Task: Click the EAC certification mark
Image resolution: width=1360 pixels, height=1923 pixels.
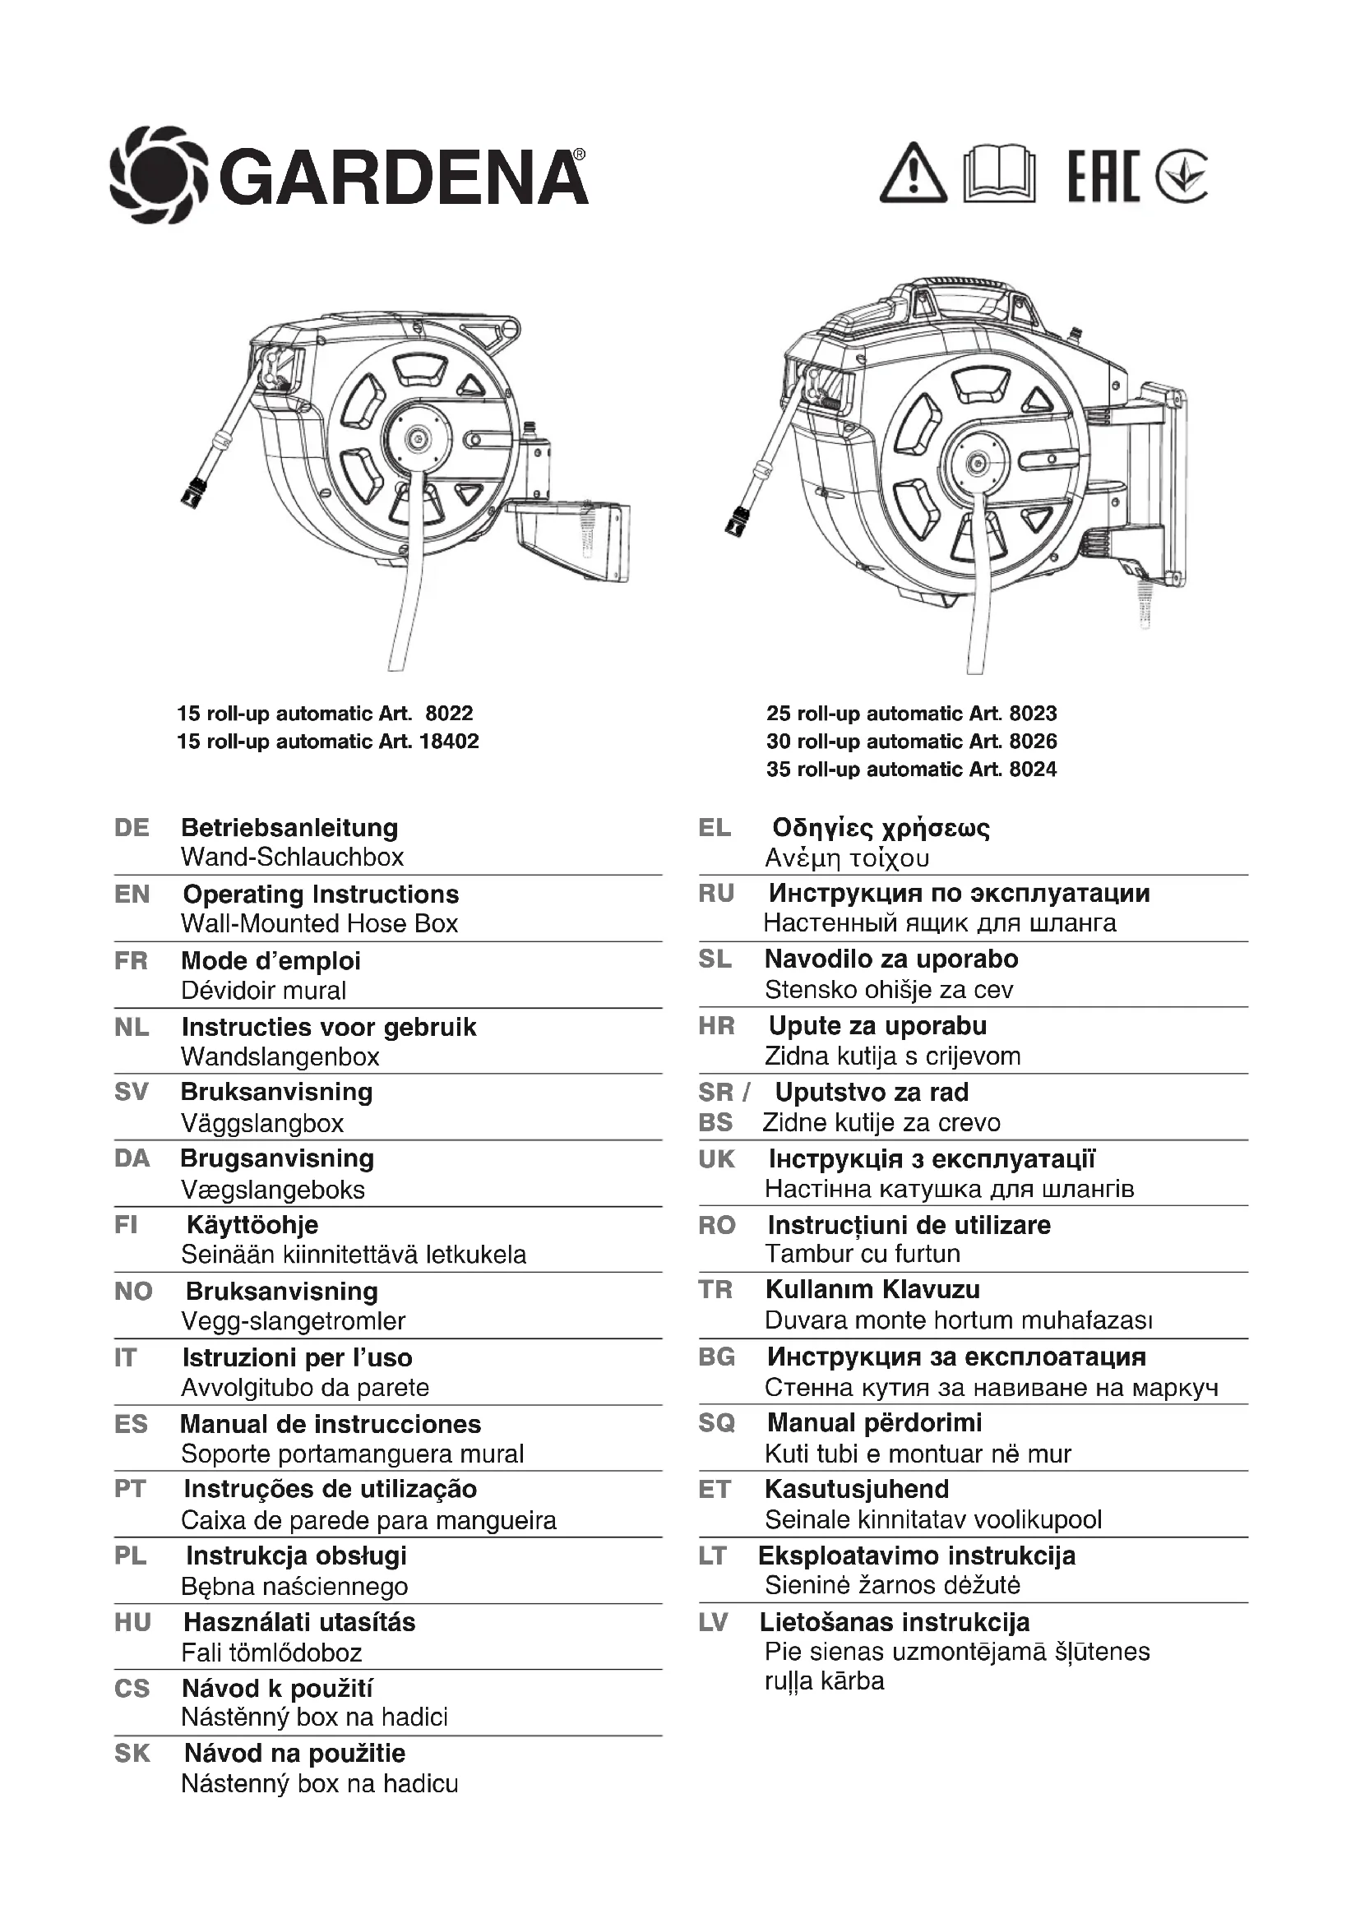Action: (1103, 175)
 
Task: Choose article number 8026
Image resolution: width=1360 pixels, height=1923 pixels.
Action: (1033, 742)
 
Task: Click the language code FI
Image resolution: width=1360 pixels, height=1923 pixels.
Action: (126, 1225)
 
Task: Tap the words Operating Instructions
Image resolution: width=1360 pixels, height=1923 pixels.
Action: (321, 894)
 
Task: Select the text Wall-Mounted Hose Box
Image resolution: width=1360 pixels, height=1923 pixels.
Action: (319, 924)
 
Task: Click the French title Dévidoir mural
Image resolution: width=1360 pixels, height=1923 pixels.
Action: (263, 991)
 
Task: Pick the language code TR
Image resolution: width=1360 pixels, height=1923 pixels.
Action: (715, 1290)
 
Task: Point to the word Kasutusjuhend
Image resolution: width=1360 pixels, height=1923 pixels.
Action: (857, 1489)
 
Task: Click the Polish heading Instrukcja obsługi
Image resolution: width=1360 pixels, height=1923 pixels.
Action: (296, 1556)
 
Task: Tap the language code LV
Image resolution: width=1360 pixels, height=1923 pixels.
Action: (714, 1622)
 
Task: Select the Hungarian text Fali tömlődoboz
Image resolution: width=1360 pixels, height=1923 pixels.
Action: (271, 1653)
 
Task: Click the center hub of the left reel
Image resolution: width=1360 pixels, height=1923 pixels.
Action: (415, 438)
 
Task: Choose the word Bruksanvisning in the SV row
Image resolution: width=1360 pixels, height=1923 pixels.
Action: (276, 1092)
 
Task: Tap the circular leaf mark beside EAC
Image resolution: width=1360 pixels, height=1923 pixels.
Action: (1181, 176)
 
